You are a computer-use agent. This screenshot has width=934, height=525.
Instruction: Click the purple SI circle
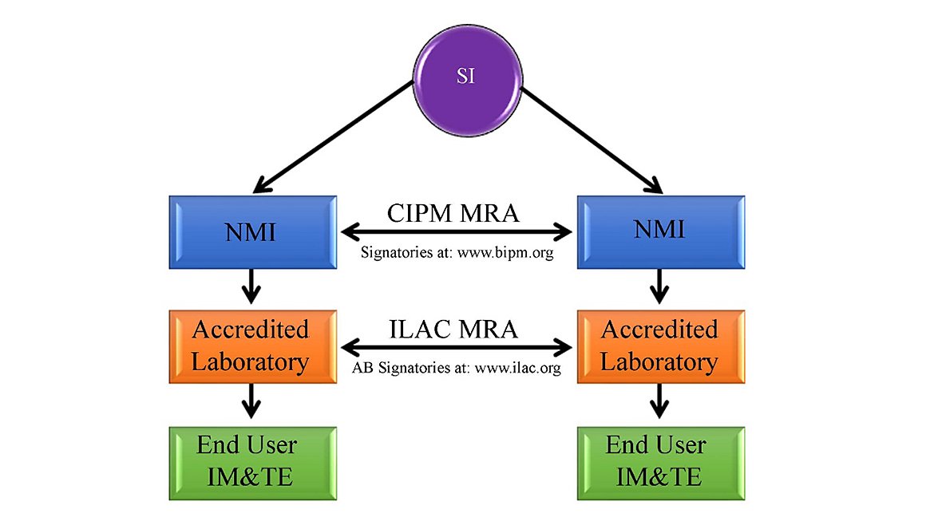click(x=468, y=81)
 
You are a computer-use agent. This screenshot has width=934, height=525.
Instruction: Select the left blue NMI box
click(x=252, y=232)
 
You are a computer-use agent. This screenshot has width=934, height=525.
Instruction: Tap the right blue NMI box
click(x=661, y=232)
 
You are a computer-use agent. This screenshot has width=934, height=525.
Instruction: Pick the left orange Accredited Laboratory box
click(x=252, y=346)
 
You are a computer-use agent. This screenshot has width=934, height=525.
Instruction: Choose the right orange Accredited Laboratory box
click(x=661, y=346)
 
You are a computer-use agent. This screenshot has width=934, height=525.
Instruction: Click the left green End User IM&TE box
click(x=252, y=463)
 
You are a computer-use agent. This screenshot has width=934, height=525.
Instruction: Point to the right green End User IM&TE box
click(x=661, y=463)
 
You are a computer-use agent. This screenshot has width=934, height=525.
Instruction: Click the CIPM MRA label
click(x=453, y=213)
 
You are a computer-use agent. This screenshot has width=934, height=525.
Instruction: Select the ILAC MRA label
click(x=453, y=330)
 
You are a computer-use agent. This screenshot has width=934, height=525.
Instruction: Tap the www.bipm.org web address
click(x=505, y=253)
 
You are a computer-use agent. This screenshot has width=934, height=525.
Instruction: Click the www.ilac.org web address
click(x=517, y=369)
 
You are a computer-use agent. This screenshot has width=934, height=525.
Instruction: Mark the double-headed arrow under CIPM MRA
click(x=457, y=231)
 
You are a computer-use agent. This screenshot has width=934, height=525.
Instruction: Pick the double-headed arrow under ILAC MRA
click(x=457, y=346)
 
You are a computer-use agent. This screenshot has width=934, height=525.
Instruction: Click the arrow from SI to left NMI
click(x=334, y=137)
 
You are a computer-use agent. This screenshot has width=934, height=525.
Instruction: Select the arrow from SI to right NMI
click(x=592, y=140)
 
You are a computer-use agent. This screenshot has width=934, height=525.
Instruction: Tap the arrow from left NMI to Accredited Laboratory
click(x=251, y=286)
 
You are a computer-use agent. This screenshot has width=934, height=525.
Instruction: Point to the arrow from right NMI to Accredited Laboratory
click(x=659, y=286)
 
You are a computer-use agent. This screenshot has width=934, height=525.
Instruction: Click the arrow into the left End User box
click(x=251, y=401)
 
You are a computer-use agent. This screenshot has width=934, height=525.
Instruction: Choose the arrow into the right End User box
click(x=659, y=401)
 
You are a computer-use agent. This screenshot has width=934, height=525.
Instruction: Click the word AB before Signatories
click(x=362, y=368)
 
